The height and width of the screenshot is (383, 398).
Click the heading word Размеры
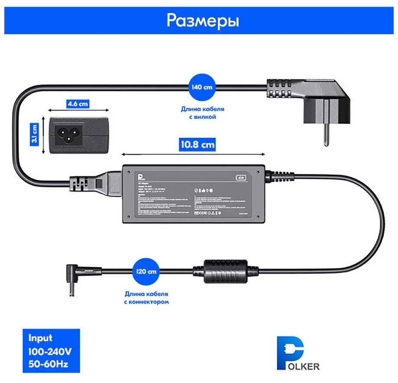tap(203, 20)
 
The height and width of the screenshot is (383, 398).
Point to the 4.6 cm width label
tap(77, 104)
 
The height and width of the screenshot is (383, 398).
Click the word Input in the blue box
tap(41, 338)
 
